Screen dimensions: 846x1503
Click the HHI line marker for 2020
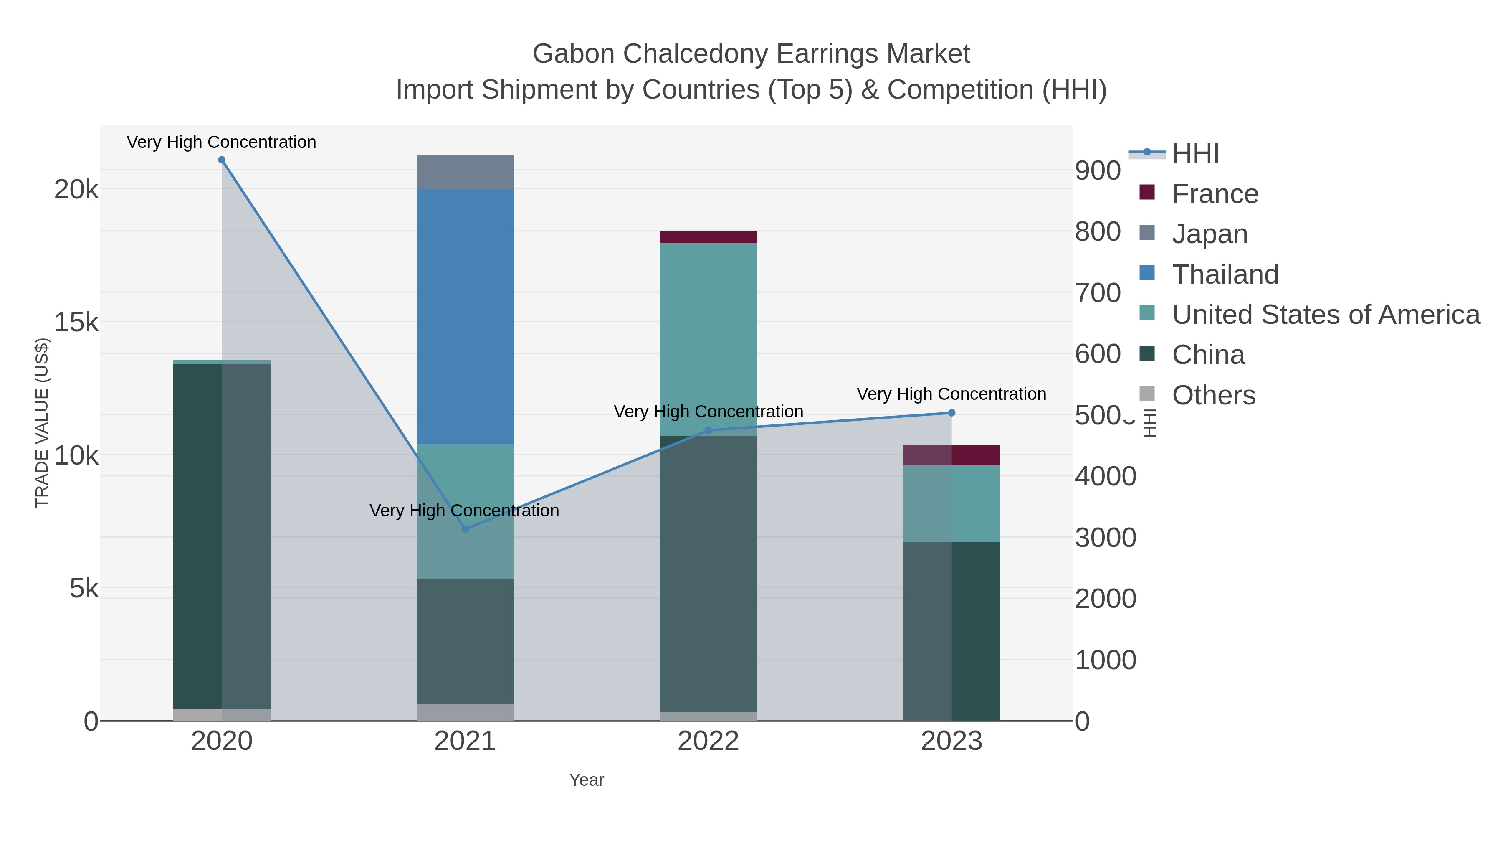(x=222, y=160)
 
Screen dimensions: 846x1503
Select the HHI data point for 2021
(x=465, y=529)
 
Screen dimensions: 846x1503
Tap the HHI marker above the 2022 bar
(x=708, y=430)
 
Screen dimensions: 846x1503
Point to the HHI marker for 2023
(x=951, y=413)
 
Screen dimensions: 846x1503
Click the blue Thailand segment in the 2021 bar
(x=465, y=316)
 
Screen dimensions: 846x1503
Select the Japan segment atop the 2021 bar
(x=465, y=172)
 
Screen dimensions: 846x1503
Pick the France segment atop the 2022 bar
(x=708, y=237)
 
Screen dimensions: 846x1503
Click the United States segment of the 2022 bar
(x=708, y=339)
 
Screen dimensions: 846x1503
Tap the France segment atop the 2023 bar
(x=951, y=455)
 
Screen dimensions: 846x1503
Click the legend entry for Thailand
(x=1225, y=274)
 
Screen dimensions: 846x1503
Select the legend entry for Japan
(x=1209, y=234)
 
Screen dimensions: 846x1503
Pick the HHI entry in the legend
(x=1195, y=154)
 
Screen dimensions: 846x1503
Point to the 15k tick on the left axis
(x=76, y=322)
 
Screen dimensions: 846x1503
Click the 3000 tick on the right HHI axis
(x=1105, y=538)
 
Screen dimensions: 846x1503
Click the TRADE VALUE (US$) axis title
(x=42, y=423)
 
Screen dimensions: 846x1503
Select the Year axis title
(x=587, y=780)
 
